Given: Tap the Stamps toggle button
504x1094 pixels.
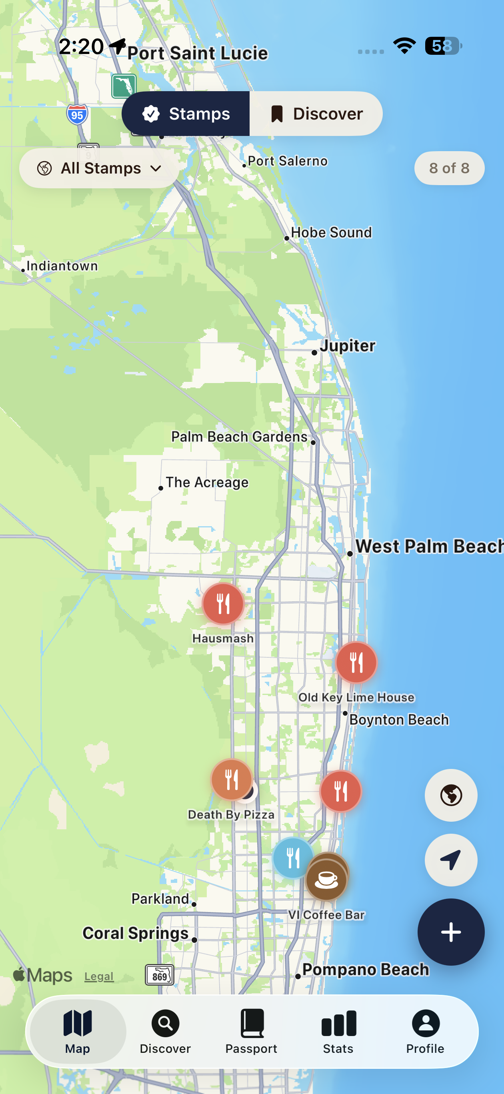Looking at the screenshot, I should click(186, 114).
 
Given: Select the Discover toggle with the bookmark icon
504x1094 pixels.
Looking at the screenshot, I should click(316, 114).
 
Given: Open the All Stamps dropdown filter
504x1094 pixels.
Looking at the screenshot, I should click(99, 168).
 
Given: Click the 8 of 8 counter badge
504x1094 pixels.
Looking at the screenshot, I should click(449, 168).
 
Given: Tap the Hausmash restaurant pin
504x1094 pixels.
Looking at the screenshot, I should click(223, 603).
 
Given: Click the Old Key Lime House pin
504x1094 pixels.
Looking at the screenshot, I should click(356, 662).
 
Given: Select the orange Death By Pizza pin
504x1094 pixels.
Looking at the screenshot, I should click(231, 779).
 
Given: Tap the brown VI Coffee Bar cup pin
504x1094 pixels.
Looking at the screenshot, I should click(326, 879).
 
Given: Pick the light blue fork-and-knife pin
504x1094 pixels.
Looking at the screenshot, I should click(292, 858).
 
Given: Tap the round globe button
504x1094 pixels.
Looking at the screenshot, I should click(450, 795).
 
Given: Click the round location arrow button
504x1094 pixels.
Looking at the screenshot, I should click(450, 860).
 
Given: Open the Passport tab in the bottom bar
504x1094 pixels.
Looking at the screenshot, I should click(251, 1031).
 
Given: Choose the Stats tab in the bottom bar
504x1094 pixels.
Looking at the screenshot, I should click(338, 1031).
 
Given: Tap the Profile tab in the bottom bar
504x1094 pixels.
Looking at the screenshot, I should click(425, 1031).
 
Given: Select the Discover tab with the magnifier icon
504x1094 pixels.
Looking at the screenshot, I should click(165, 1031).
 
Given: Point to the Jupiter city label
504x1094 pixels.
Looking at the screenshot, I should click(347, 346).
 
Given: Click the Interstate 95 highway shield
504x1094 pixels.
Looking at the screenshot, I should click(77, 115).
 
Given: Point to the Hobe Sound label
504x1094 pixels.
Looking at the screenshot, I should click(331, 232).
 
